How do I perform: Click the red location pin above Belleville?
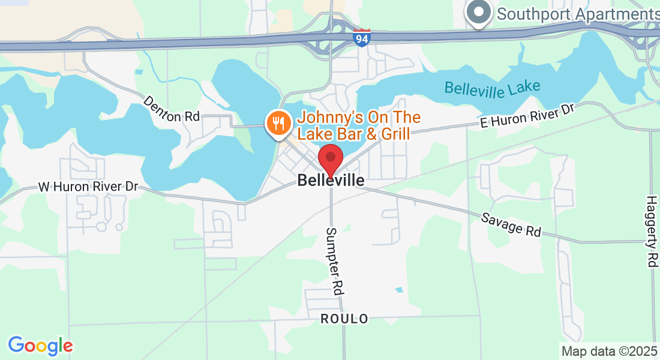(x=330, y=159)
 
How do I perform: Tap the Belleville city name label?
(x=331, y=180)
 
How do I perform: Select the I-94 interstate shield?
(x=362, y=37)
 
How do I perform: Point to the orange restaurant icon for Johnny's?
(x=277, y=123)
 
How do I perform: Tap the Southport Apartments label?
(x=578, y=13)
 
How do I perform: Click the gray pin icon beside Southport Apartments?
(x=479, y=11)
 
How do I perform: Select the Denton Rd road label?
(x=171, y=109)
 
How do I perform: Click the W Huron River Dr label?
(x=88, y=187)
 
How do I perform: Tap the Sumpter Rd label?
(x=334, y=260)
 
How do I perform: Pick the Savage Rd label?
(x=511, y=224)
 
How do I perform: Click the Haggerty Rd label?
(x=652, y=231)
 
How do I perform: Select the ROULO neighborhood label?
(x=344, y=319)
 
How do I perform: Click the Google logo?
(x=40, y=345)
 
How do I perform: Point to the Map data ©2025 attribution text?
(x=609, y=351)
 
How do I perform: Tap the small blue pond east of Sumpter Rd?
(x=399, y=290)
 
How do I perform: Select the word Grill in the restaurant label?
(x=393, y=133)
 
